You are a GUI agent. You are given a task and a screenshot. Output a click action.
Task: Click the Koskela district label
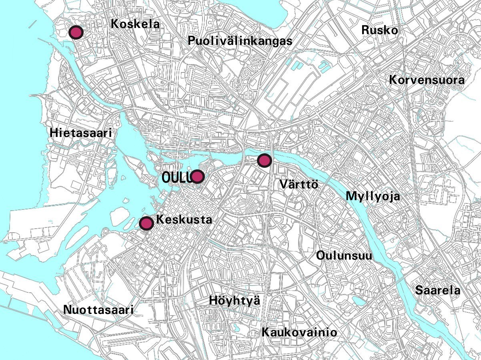pyautogui.click(x=135, y=24)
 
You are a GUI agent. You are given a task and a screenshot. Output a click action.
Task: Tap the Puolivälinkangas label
pyautogui.click(x=240, y=41)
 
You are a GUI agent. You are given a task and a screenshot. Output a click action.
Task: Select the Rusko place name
pyautogui.click(x=379, y=30)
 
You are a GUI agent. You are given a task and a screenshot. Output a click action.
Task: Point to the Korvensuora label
pyautogui.click(x=427, y=80)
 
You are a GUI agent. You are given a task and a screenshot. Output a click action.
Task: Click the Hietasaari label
pyautogui.click(x=80, y=133)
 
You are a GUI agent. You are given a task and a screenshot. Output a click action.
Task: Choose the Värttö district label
pyautogui.click(x=299, y=185)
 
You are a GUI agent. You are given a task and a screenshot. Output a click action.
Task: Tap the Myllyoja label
pyautogui.click(x=373, y=196)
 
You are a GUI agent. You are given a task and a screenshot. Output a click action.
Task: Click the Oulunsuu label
pyautogui.click(x=344, y=255)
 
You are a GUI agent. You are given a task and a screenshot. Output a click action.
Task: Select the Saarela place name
pyautogui.click(x=437, y=290)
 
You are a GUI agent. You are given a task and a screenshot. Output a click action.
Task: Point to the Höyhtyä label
pyautogui.click(x=234, y=300)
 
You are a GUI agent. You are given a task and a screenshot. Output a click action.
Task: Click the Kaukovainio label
pyautogui.click(x=299, y=332)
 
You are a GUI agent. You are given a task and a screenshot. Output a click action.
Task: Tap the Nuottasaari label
pyautogui.click(x=98, y=310)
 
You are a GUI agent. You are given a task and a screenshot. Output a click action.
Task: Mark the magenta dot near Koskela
pyautogui.click(x=76, y=32)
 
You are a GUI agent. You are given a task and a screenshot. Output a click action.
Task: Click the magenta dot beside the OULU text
pyautogui.click(x=197, y=176)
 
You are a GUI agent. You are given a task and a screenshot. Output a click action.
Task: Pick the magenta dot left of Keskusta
pyautogui.click(x=146, y=223)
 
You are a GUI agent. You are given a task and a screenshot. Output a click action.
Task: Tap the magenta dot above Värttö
pyautogui.click(x=264, y=161)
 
